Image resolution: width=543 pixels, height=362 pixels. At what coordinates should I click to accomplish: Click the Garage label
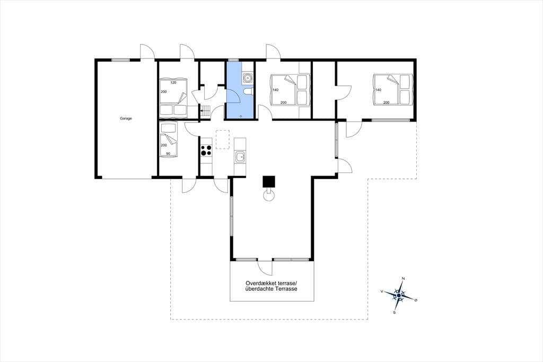126,118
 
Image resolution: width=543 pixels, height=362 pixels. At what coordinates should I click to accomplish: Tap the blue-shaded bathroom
240,90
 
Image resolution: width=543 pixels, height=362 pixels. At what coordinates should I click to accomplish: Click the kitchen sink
240,158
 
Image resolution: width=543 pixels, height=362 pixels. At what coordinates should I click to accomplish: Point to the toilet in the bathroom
248,91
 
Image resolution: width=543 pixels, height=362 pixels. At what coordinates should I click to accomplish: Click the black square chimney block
269,182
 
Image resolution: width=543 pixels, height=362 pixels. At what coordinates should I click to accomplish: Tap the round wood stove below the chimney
269,195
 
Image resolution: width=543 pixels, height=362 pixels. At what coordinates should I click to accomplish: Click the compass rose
399,296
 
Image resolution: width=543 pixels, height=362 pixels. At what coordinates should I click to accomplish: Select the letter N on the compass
403,279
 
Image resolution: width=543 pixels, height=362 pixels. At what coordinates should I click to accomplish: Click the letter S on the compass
394,313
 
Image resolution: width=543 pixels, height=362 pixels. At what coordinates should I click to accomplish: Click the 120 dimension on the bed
173,82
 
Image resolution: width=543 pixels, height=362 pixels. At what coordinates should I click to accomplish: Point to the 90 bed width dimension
168,153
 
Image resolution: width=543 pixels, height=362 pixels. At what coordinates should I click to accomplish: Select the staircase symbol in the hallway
205,111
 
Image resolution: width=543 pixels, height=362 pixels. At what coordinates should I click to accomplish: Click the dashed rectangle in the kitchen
223,140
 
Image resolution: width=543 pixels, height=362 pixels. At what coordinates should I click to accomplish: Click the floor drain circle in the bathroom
241,116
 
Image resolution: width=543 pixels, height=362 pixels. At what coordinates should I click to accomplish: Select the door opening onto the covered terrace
265,268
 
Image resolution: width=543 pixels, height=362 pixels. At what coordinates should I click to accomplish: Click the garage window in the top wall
120,61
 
